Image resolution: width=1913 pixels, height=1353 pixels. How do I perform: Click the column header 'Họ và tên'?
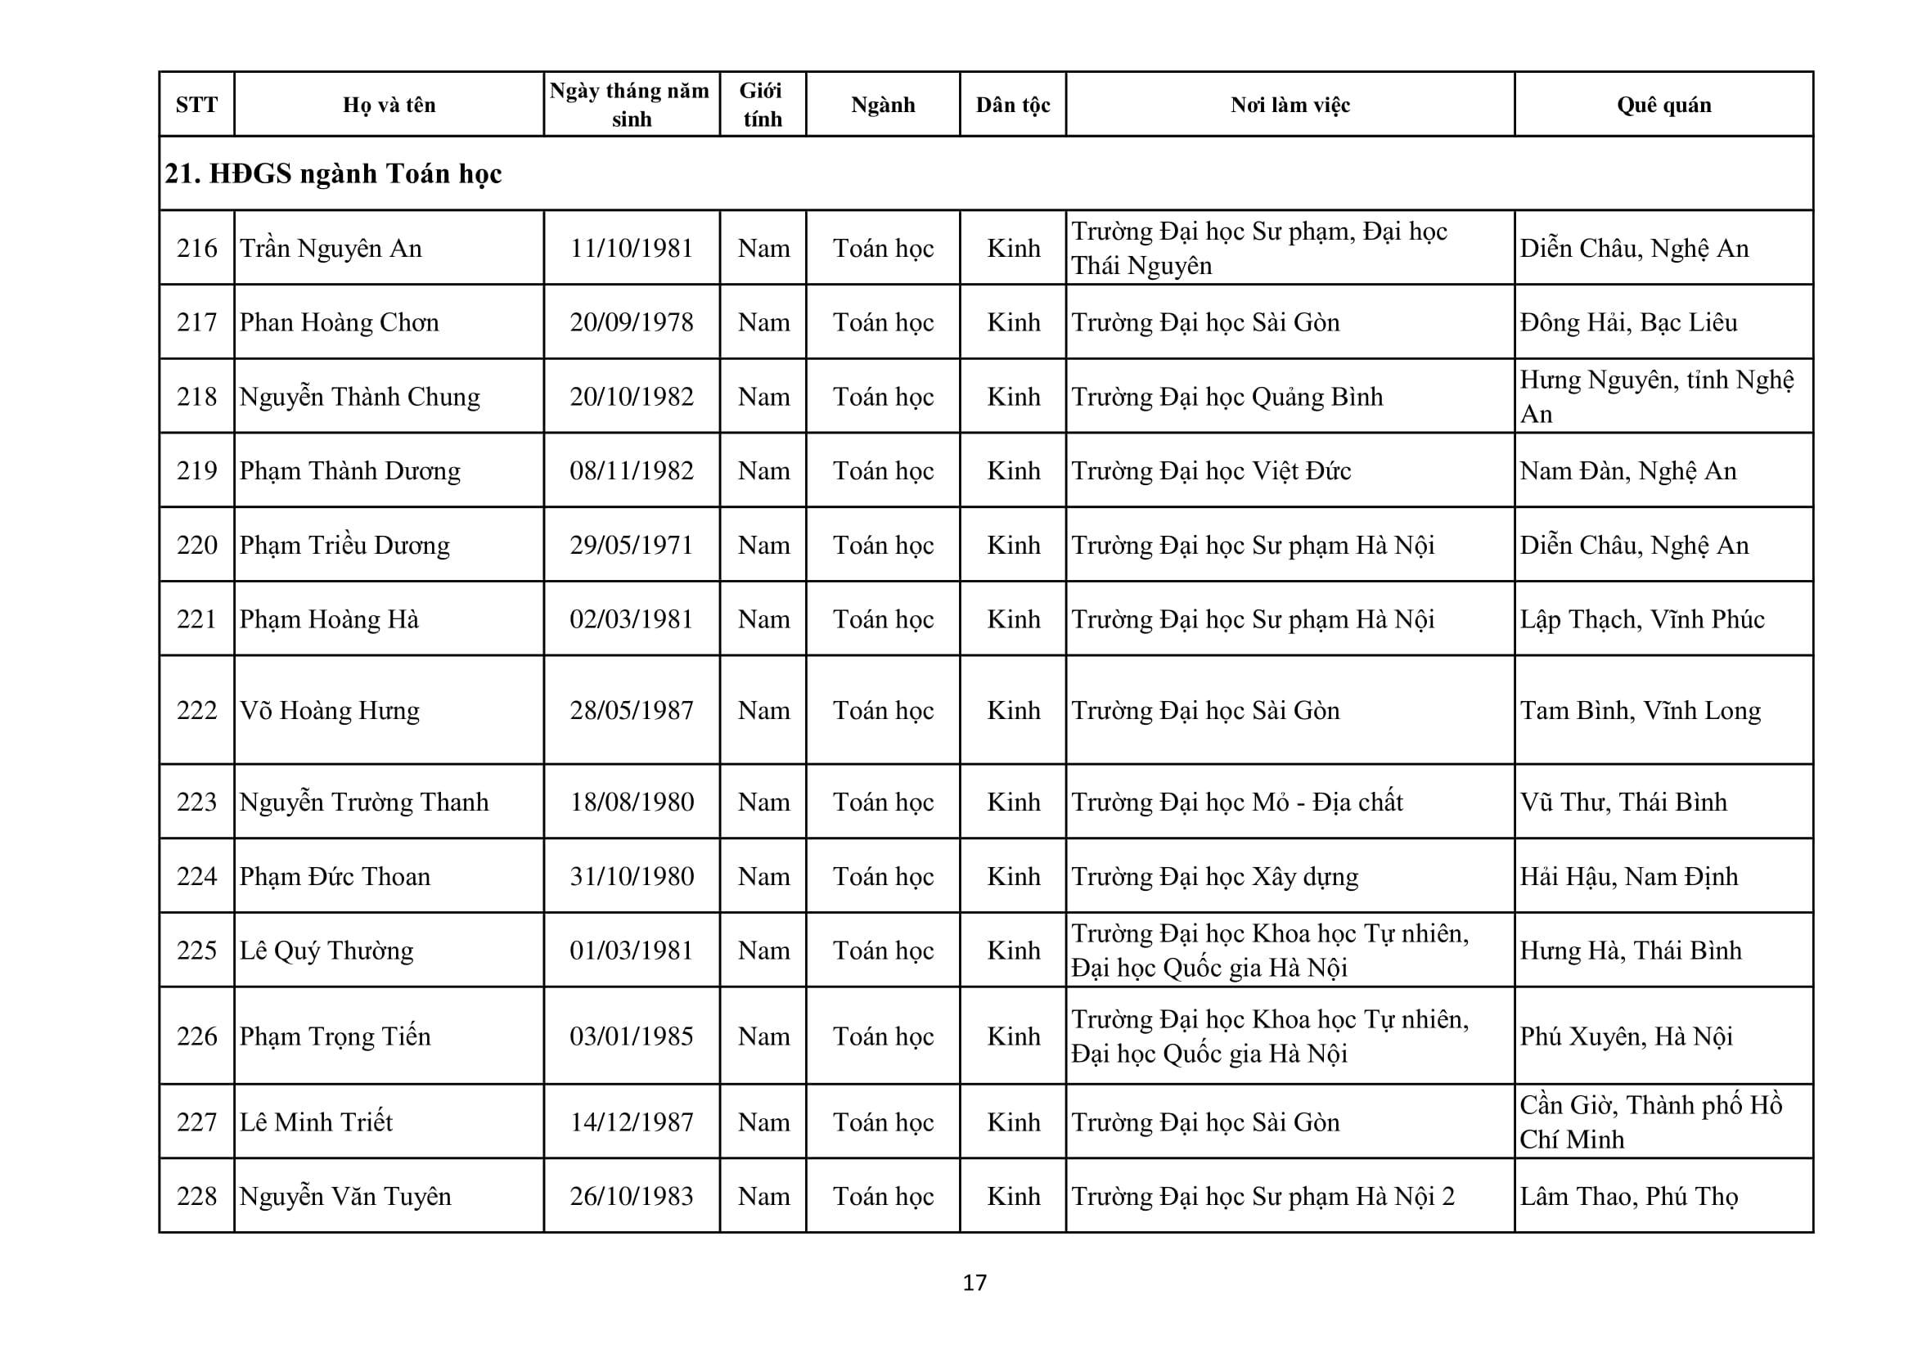pos(389,105)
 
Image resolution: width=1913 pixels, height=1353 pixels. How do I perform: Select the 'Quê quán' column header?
pos(1663,105)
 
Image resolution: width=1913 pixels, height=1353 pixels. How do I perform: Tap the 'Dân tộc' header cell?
pos(1012,105)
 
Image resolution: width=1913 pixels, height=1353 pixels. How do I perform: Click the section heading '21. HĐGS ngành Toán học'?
pos(333,173)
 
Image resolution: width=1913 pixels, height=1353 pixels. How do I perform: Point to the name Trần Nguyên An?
pos(331,249)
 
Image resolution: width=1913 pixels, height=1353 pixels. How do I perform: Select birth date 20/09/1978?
pos(632,322)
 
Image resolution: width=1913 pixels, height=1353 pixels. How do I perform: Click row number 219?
pos(196,470)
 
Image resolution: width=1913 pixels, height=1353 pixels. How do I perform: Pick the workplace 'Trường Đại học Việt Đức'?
pos(1211,470)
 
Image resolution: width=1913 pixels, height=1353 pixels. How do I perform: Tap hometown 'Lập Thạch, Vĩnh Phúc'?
pos(1641,619)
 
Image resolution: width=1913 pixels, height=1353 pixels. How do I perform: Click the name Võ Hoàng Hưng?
pos(329,711)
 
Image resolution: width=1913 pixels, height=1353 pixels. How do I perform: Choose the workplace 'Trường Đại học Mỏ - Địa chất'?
pos(1236,802)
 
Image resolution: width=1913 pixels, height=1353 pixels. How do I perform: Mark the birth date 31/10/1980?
pos(632,876)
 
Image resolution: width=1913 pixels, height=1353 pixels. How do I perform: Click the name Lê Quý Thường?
pos(326,951)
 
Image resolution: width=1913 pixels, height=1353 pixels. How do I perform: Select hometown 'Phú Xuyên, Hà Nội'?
pos(1626,1036)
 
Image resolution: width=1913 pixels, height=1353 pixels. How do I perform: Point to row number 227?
pos(196,1122)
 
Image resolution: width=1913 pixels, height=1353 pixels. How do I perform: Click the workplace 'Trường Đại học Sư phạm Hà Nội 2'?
pos(1263,1197)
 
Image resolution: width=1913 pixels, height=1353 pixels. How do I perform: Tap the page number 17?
pos(974,1282)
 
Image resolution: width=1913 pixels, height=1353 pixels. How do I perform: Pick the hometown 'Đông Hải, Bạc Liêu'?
pos(1628,322)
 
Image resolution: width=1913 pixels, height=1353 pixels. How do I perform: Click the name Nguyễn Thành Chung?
pos(360,397)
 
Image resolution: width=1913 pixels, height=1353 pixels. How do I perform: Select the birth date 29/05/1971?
pos(632,545)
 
